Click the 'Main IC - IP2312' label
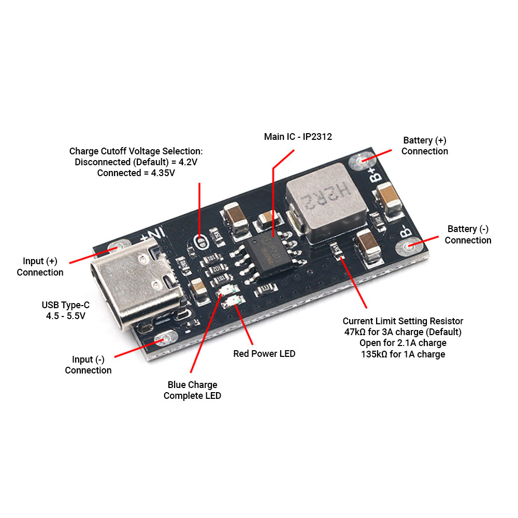click(298, 137)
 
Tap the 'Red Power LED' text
click(264, 354)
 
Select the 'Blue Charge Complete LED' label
click(192, 391)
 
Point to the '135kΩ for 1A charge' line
click(403, 354)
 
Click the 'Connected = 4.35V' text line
click(136, 173)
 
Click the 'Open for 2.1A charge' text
click(403, 343)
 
